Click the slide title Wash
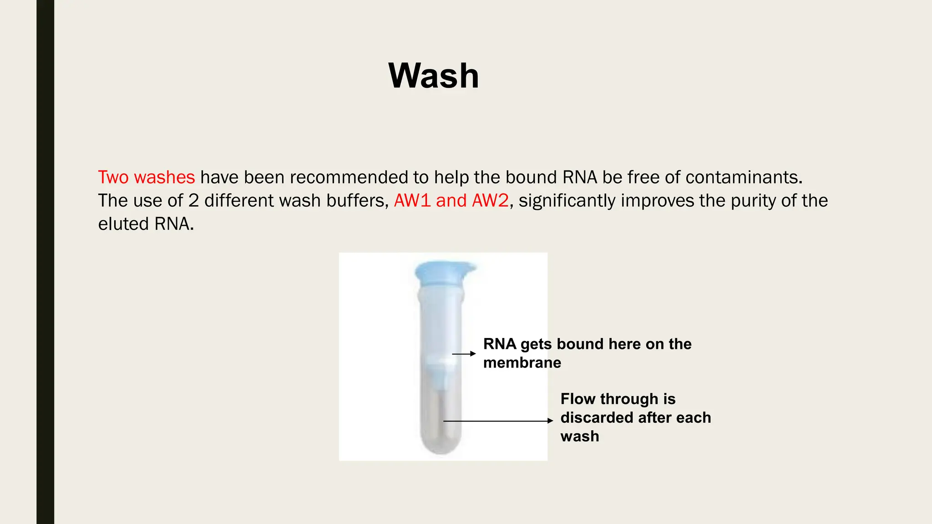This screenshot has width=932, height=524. tap(433, 76)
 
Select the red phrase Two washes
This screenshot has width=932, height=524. tap(146, 177)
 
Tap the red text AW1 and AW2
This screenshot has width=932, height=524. tap(451, 201)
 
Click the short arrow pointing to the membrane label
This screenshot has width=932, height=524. tap(464, 353)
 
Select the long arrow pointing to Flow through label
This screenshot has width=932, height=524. tap(498, 421)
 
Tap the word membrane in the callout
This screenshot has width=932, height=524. tap(522, 363)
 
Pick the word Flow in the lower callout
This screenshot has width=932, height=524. tap(578, 399)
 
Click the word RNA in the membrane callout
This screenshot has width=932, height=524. tap(500, 344)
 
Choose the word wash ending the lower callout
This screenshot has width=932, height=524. tap(580, 436)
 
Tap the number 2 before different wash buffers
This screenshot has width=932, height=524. tap(193, 201)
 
